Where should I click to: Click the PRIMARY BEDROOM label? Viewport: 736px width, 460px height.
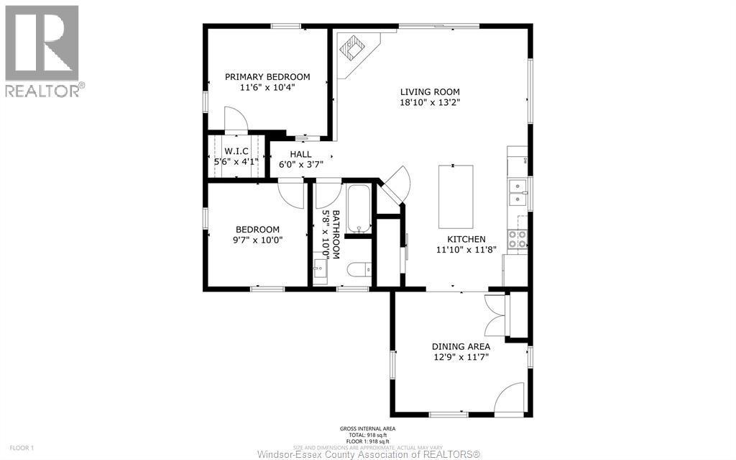pyautogui.click(x=267, y=77)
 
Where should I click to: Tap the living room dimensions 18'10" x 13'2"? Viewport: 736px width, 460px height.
pyautogui.click(x=430, y=102)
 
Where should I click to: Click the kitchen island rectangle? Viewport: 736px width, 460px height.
pyautogui.click(x=456, y=195)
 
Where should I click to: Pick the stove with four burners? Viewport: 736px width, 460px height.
pyautogui.click(x=517, y=239)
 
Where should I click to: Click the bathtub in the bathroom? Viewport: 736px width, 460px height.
pyautogui.click(x=358, y=209)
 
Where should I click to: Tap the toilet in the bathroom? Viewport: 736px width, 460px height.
pyautogui.click(x=359, y=270)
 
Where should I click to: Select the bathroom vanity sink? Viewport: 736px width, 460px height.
pyautogui.click(x=321, y=271)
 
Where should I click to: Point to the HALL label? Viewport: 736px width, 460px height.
pyautogui.click(x=300, y=154)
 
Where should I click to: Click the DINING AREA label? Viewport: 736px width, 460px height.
pyautogui.click(x=461, y=346)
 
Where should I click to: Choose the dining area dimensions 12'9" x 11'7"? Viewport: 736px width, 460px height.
pyautogui.click(x=461, y=357)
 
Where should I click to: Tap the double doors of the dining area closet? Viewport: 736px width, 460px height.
pyautogui.click(x=496, y=315)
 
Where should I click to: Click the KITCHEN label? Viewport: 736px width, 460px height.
pyautogui.click(x=466, y=240)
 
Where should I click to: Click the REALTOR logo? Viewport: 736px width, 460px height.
pyautogui.click(x=43, y=50)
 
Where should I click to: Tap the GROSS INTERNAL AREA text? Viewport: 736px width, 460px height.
pyautogui.click(x=367, y=430)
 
